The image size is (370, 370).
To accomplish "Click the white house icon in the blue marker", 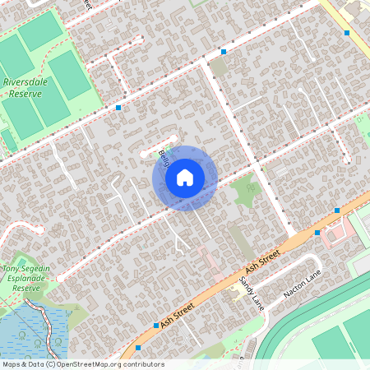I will [185, 177].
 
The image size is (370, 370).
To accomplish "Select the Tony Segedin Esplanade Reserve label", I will [33, 279].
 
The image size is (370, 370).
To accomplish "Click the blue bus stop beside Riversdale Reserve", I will [119, 108].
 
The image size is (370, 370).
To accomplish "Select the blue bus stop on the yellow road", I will [347, 33].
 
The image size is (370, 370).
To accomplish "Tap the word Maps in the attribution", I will [12, 363].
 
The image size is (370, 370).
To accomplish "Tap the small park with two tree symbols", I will [245, 192].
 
